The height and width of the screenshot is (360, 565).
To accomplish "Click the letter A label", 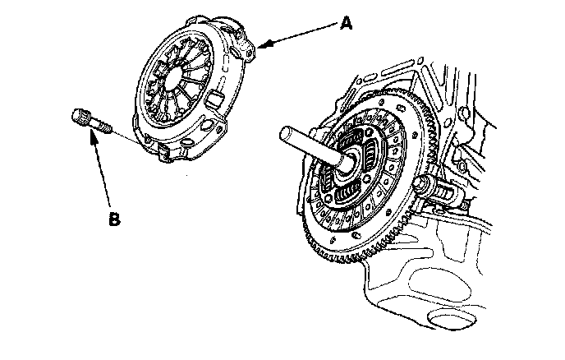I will click(348, 25).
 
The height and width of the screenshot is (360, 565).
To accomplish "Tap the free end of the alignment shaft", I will click(288, 134).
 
